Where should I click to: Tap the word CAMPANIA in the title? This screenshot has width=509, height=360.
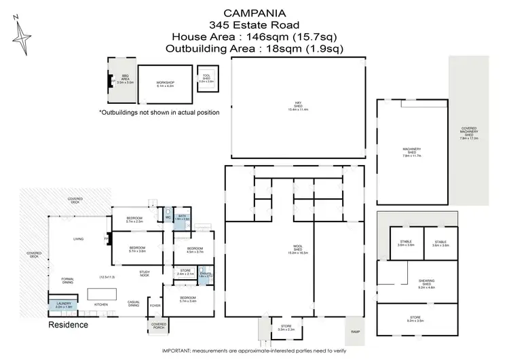click(254, 13)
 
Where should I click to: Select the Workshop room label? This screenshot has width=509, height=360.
click(165, 84)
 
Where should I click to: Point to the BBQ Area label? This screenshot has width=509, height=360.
click(125, 78)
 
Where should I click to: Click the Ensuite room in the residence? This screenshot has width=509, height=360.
click(206, 274)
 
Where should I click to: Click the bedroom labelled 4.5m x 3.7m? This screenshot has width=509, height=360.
click(195, 251)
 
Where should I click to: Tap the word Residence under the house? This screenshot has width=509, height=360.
click(68, 325)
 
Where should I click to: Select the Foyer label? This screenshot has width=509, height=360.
click(155, 306)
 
